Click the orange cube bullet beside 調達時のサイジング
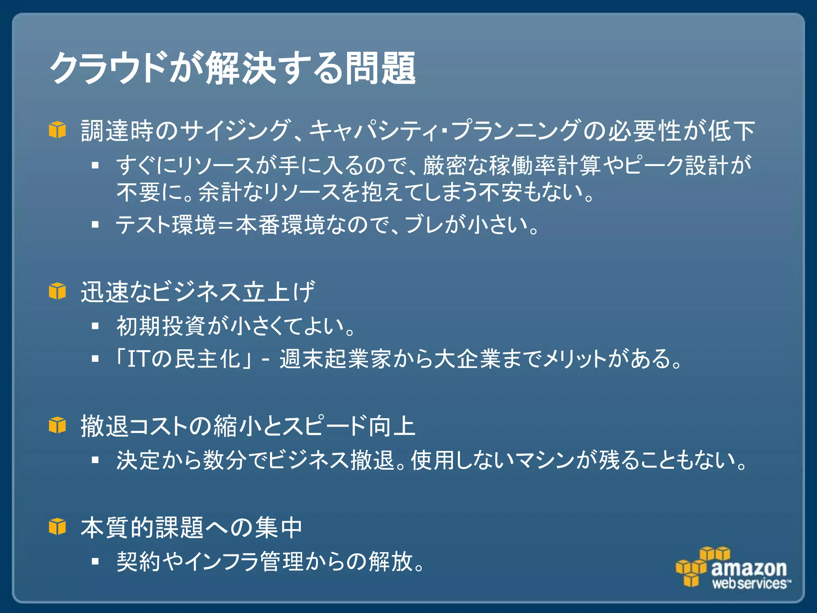tap(57, 130)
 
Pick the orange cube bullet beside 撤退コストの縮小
tap(57, 425)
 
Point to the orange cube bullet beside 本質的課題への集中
tap(57, 526)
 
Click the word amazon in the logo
tap(749, 568)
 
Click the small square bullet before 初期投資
tap(95, 326)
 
